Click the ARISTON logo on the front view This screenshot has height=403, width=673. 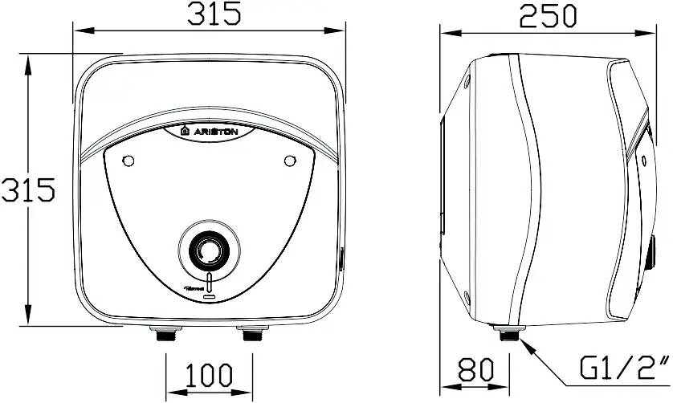tap(210, 131)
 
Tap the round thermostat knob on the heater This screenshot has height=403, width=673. tap(209, 249)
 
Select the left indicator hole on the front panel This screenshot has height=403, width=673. tap(126, 161)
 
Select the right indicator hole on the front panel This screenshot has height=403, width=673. tap(290, 161)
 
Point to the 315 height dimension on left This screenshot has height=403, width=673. tap(27, 190)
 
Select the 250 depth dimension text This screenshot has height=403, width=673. tap(547, 16)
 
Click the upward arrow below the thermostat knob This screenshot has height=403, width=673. tap(210, 282)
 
